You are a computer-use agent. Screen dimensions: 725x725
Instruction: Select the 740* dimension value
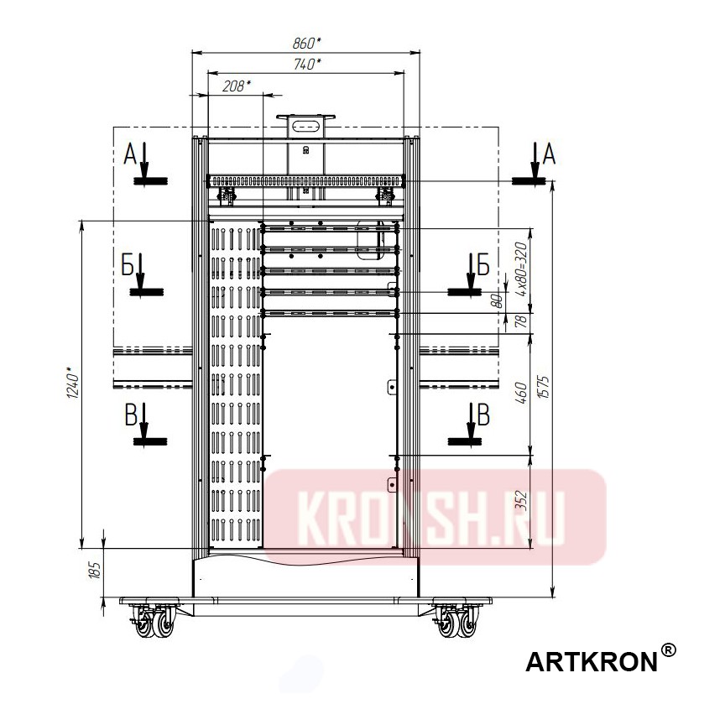coord(307,64)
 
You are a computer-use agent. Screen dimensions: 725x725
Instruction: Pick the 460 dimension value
coord(521,392)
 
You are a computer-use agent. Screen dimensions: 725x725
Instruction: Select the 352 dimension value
coord(521,501)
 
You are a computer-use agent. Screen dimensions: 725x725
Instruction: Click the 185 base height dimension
coord(95,571)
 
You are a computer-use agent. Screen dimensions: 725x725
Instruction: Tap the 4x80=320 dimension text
coord(521,269)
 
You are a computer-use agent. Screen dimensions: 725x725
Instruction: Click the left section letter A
coord(129,154)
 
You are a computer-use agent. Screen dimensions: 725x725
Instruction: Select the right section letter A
coord(550,153)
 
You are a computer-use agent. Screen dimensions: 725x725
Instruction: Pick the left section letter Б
coord(128,264)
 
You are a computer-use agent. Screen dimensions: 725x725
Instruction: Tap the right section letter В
coord(482,412)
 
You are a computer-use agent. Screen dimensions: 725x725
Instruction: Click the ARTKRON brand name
coord(591,662)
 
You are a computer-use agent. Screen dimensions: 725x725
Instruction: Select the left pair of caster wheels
coord(154,623)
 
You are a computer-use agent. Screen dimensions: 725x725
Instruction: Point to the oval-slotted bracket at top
coord(306,126)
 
